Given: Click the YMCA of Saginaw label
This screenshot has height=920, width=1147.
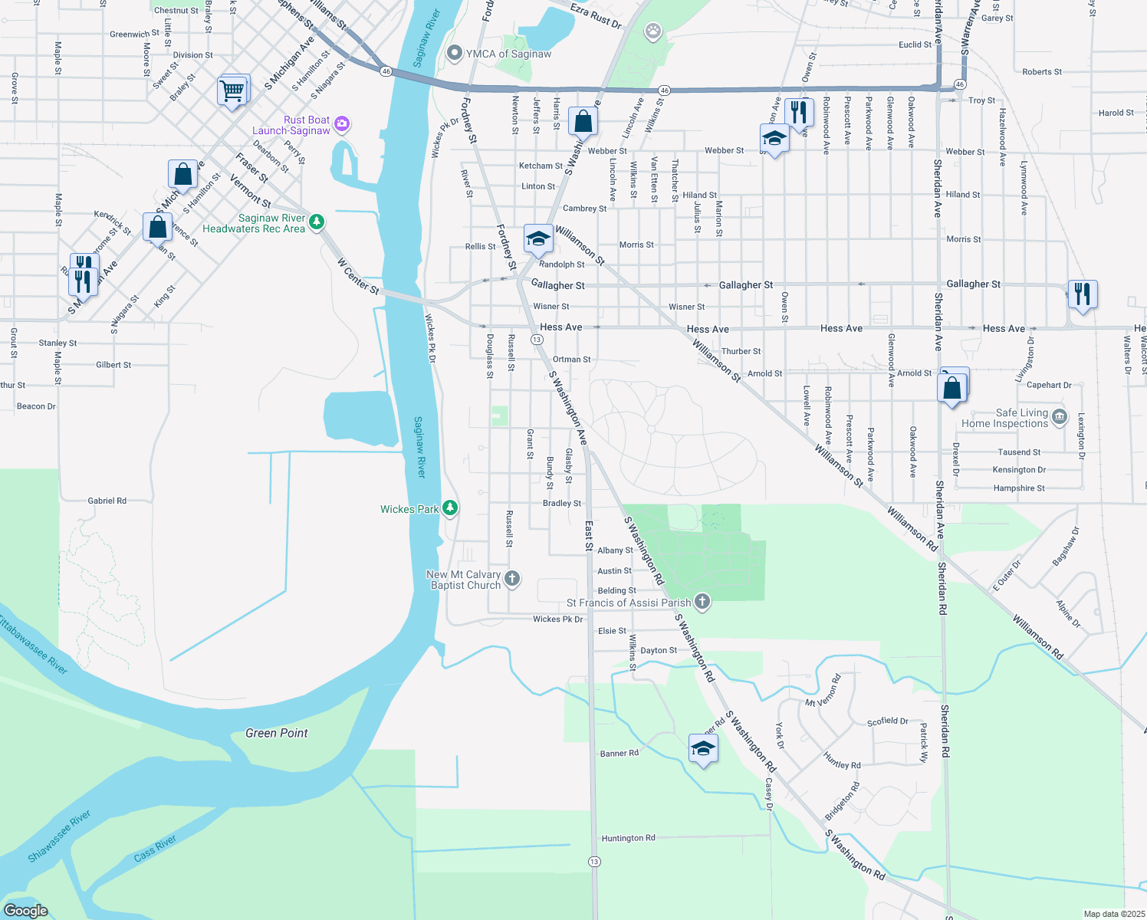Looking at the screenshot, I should pyautogui.click(x=508, y=54).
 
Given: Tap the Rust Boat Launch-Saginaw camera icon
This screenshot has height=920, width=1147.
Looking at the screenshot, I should pyautogui.click(x=342, y=123).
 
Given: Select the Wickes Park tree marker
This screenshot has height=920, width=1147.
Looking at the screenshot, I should pyautogui.click(x=451, y=508).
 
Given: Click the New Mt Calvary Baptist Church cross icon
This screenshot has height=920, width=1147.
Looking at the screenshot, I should pyautogui.click(x=512, y=578).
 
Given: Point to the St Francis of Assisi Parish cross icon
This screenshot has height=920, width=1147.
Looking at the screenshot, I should pyautogui.click(x=702, y=601).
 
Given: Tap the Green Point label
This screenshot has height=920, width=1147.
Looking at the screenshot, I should pyautogui.click(x=277, y=733).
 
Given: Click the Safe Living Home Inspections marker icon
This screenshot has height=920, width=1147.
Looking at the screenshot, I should pyautogui.click(x=1060, y=416).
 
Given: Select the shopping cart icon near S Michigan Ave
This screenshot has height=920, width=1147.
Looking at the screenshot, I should pyautogui.click(x=232, y=90).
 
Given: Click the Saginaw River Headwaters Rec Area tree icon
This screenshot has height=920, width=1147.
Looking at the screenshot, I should pyautogui.click(x=316, y=222).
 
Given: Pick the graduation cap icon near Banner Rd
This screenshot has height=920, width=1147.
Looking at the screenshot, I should pyautogui.click(x=703, y=748).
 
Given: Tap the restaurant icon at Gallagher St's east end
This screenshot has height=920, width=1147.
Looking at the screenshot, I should pyautogui.click(x=1082, y=293).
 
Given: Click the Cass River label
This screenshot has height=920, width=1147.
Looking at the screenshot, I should pyautogui.click(x=155, y=849).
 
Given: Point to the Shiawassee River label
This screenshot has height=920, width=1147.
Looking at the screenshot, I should pyautogui.click(x=59, y=836).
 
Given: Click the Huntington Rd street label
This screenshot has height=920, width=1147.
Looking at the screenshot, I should pyautogui.click(x=628, y=838).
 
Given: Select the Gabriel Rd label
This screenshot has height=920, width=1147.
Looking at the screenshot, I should pyautogui.click(x=107, y=501).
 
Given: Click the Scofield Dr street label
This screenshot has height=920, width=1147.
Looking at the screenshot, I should pyautogui.click(x=887, y=721).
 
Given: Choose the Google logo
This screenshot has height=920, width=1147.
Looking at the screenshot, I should pyautogui.click(x=26, y=910).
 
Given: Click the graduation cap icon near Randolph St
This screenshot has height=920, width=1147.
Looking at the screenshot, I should pyautogui.click(x=538, y=238).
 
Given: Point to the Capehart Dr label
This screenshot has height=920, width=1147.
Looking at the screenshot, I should pyautogui.click(x=1049, y=385).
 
